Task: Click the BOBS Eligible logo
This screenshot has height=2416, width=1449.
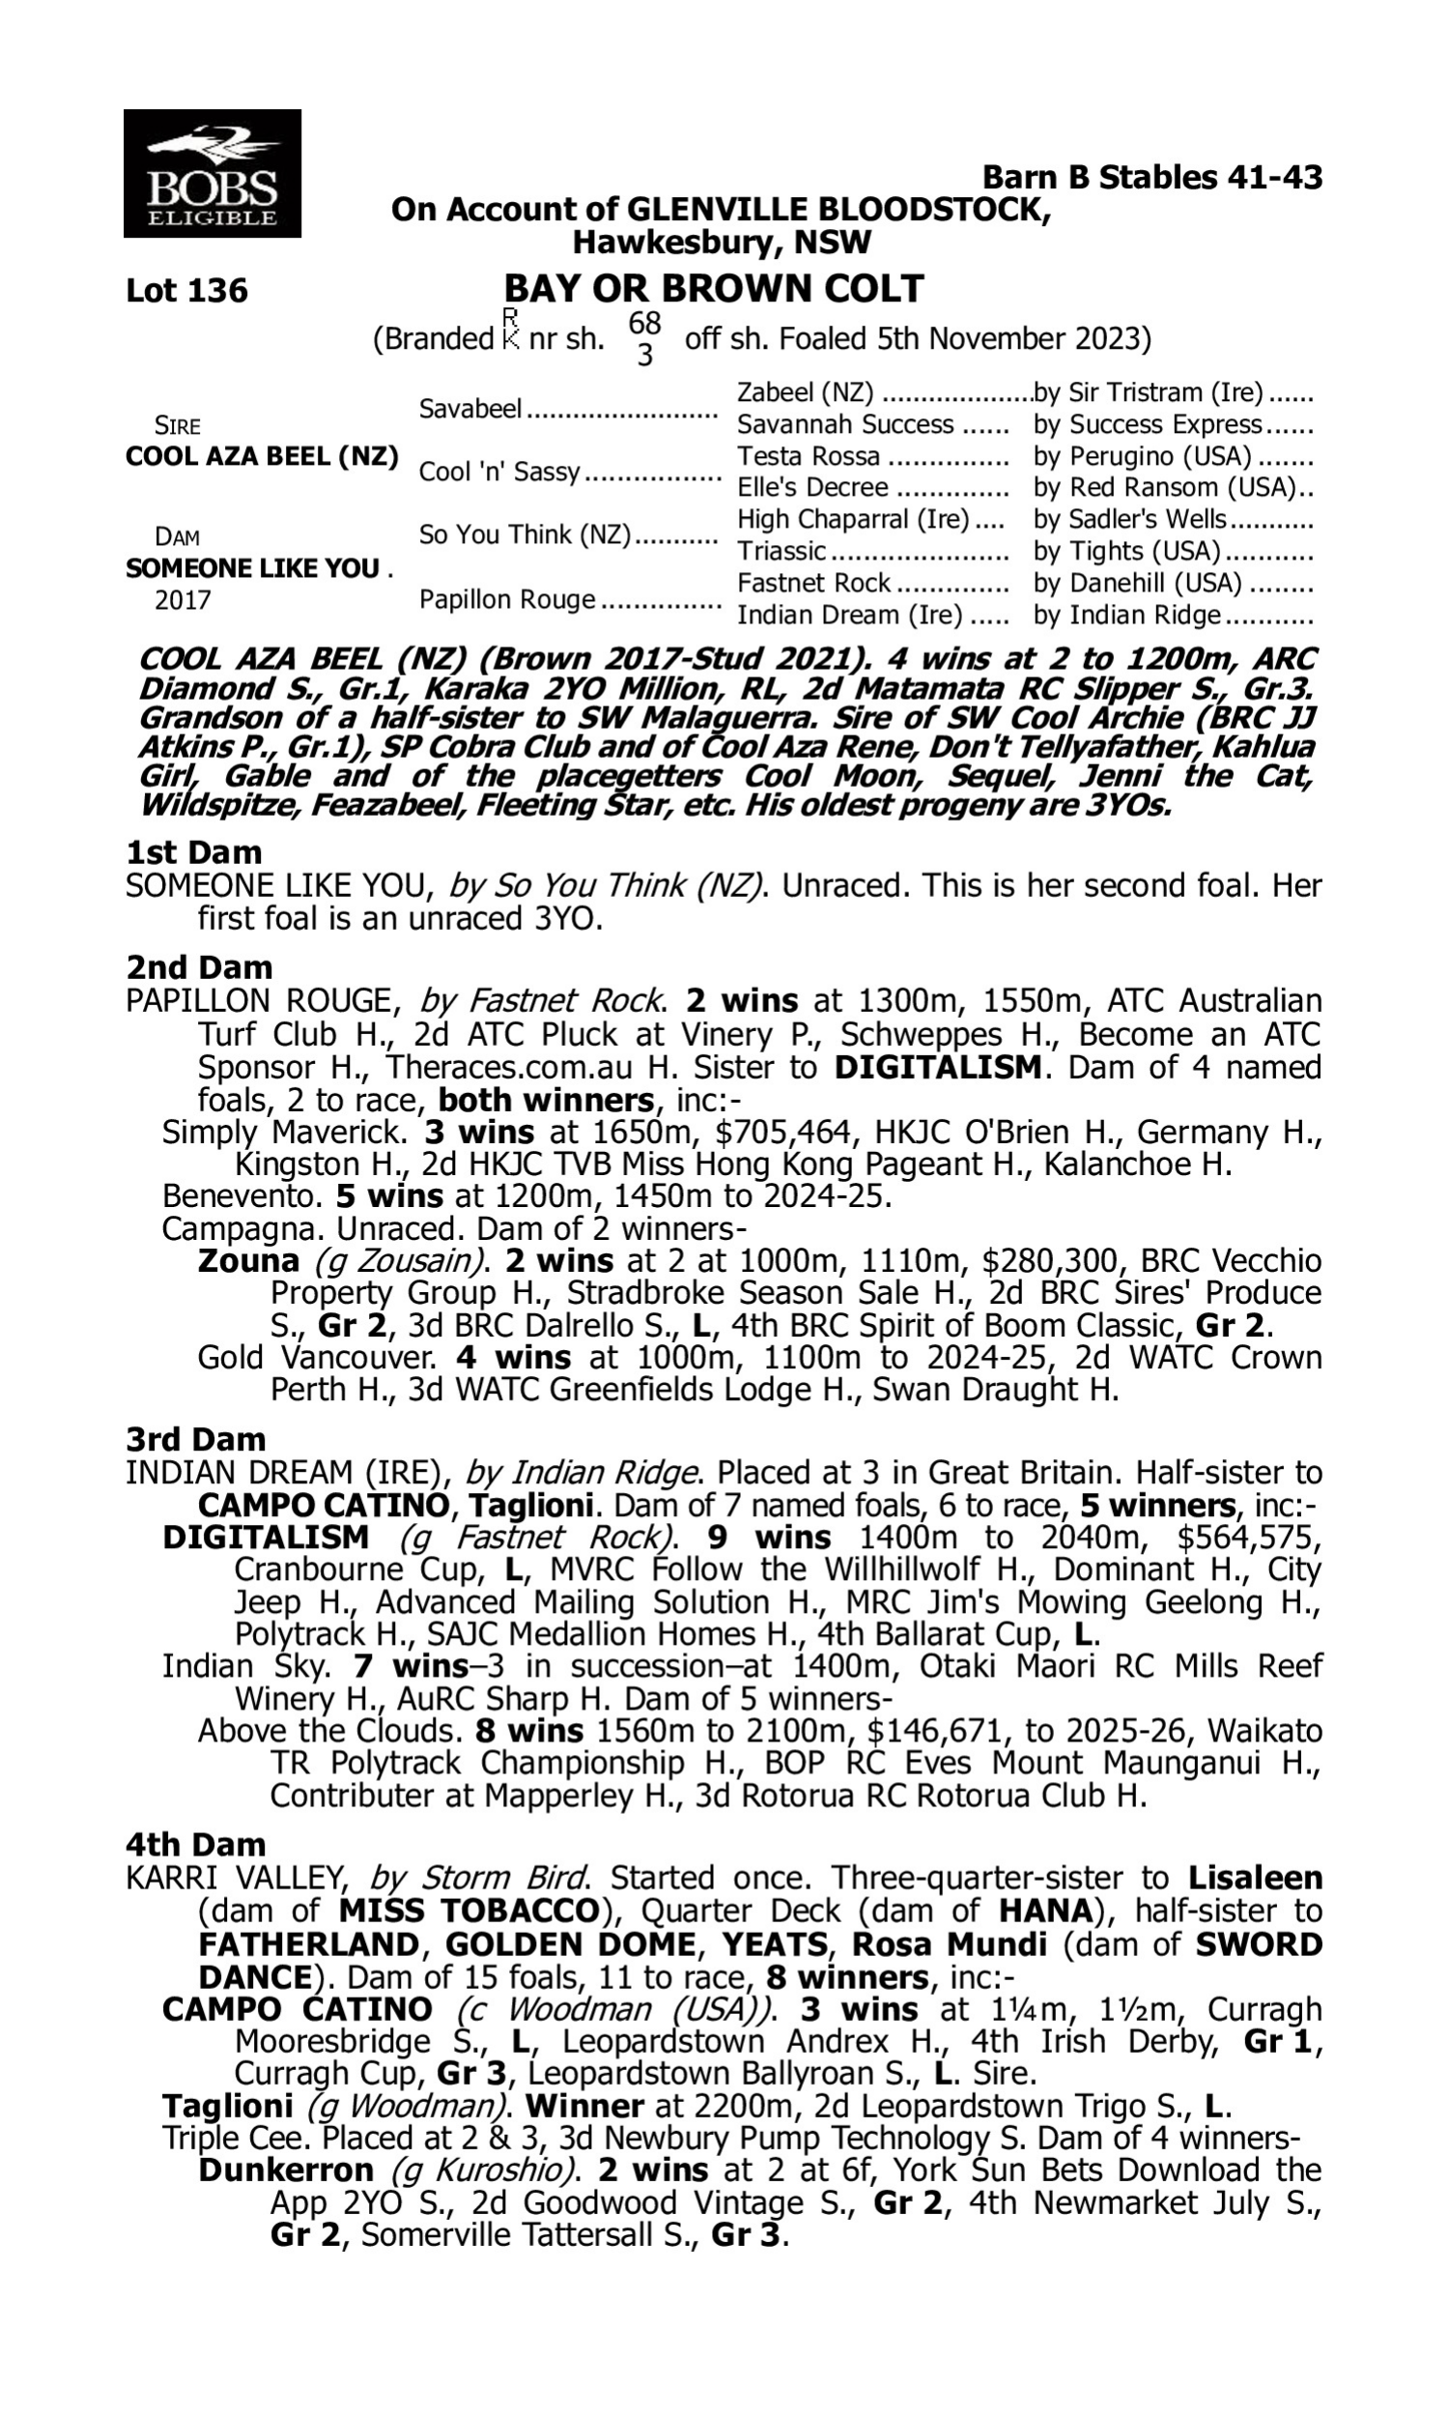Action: [212, 173]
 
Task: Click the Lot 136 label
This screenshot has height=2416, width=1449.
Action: [186, 291]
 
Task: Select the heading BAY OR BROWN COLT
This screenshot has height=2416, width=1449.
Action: [713, 288]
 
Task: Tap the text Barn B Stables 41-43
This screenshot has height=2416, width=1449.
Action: [1152, 177]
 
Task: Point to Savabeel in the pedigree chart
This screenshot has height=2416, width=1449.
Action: [469, 408]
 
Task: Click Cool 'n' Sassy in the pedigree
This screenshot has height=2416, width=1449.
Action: [499, 472]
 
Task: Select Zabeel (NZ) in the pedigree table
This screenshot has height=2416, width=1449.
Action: [805, 392]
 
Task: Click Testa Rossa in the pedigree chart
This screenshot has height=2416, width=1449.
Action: [809, 456]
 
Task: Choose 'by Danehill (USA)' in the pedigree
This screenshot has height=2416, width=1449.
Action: [1138, 583]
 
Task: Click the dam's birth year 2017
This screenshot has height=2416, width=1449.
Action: [183, 599]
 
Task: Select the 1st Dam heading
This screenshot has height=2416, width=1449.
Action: [193, 852]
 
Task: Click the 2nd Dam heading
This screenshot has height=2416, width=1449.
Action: [198, 966]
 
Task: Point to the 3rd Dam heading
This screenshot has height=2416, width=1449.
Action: [195, 1438]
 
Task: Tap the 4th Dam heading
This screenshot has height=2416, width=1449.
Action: [195, 1845]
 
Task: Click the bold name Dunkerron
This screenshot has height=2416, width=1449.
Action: [285, 2170]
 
